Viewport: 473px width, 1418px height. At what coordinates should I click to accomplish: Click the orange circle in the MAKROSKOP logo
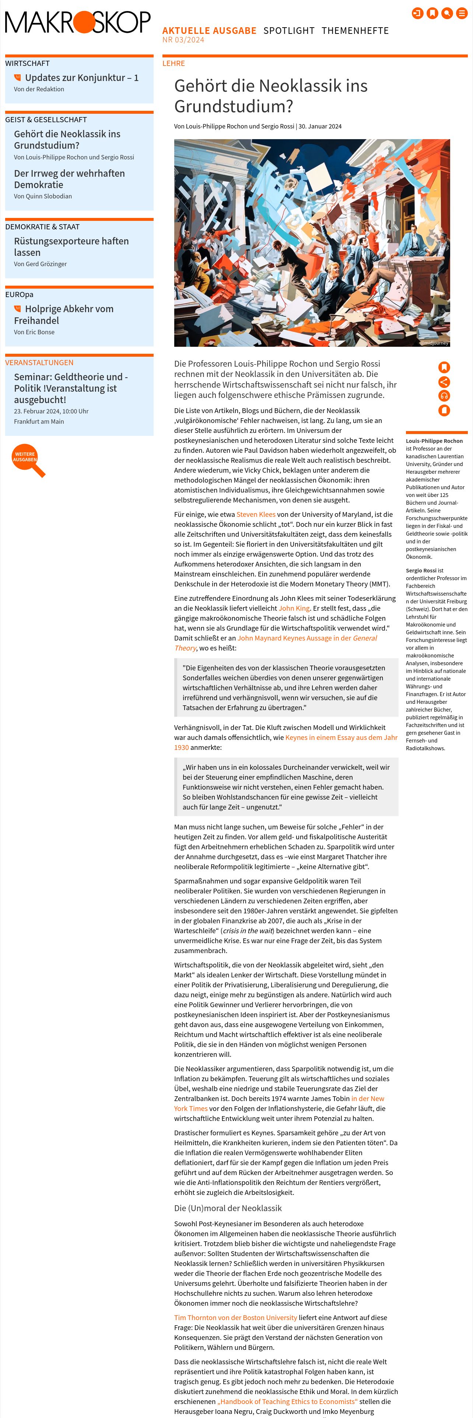(84, 22)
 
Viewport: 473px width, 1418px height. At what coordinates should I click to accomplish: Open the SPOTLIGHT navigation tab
(288, 31)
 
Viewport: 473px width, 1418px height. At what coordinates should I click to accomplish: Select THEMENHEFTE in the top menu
(355, 31)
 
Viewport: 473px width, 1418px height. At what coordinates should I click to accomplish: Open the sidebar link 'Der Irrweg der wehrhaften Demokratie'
(69, 179)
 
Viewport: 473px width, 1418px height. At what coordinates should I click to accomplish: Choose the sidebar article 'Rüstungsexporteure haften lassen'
(71, 247)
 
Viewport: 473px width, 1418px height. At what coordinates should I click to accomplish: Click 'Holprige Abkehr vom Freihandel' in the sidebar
(69, 314)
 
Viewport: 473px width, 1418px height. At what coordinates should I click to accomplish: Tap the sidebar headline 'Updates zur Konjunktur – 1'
(81, 78)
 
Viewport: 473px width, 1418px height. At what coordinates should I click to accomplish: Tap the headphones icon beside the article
(444, 396)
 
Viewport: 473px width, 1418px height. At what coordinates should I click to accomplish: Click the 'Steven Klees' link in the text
(256, 514)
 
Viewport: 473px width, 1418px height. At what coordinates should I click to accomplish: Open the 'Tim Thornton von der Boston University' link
(235, 1317)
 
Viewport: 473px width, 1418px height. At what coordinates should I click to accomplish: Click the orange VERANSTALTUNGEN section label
(39, 363)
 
